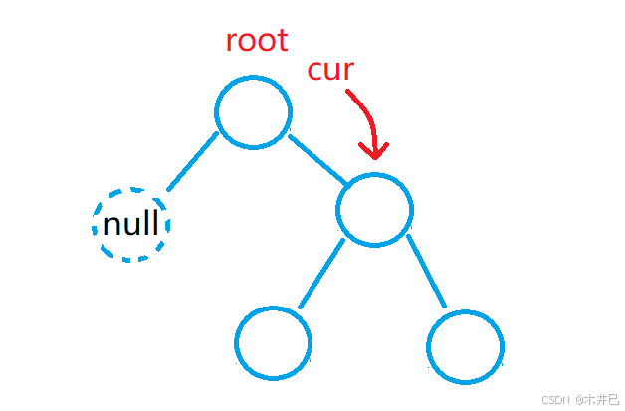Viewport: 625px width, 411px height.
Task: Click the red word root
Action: click(256, 41)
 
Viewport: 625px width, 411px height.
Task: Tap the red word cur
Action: click(330, 71)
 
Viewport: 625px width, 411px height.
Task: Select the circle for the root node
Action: click(253, 111)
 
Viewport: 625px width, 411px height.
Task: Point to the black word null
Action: click(130, 224)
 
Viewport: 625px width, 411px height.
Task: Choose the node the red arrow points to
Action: click(374, 209)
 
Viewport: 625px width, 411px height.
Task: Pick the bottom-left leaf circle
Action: click(273, 343)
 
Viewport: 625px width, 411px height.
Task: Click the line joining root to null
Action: click(192, 160)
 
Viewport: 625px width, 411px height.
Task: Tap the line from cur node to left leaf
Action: click(320, 274)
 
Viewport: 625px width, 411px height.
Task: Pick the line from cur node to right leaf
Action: click(426, 272)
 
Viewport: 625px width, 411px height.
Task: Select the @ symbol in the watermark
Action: click(578, 398)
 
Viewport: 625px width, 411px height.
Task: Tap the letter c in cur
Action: click(314, 72)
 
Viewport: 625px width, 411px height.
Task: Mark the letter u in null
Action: click(130, 226)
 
